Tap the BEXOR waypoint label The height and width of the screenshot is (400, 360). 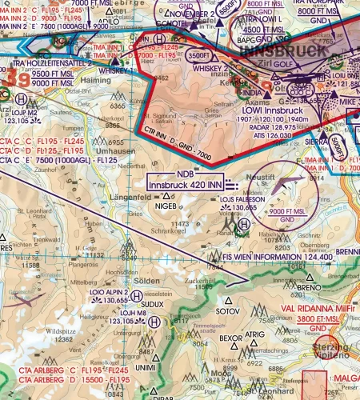tap(230, 338)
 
